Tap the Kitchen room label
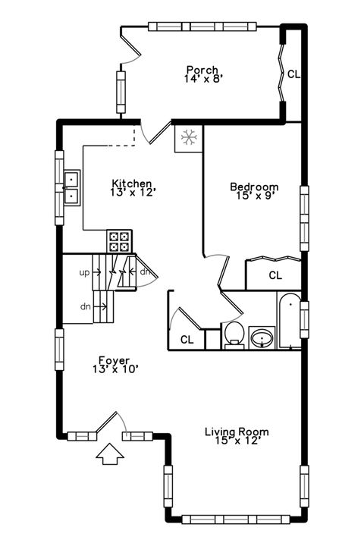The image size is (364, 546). pyautogui.click(x=133, y=184)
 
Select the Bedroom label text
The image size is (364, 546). pyautogui.click(x=254, y=187)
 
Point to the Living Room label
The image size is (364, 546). pyautogui.click(x=237, y=432)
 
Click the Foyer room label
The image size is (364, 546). pyautogui.click(x=114, y=360)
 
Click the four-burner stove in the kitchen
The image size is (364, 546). pyautogui.click(x=120, y=240)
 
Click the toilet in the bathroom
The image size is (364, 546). pyautogui.click(x=234, y=334)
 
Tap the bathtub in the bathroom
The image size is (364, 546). pyautogui.click(x=290, y=322)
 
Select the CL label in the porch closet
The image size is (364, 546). pyautogui.click(x=293, y=74)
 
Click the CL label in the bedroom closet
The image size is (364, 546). pyautogui.click(x=275, y=275)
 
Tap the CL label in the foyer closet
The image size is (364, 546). pyautogui.click(x=187, y=340)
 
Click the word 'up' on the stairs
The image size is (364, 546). pyautogui.click(x=85, y=271)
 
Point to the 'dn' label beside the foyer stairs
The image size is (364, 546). pyautogui.click(x=85, y=307)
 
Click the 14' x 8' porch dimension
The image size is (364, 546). pyautogui.click(x=202, y=78)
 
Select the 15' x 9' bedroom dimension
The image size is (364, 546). pyautogui.click(x=254, y=195)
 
